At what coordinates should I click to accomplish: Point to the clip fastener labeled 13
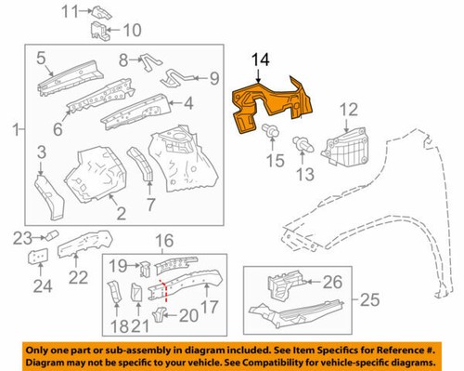[x=303, y=143]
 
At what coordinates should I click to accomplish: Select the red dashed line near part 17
[x=165, y=287]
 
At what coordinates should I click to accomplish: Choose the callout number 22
[x=78, y=276]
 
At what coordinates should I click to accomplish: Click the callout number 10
[x=130, y=29]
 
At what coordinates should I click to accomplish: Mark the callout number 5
[x=42, y=61]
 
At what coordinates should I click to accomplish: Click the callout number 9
[x=213, y=78]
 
